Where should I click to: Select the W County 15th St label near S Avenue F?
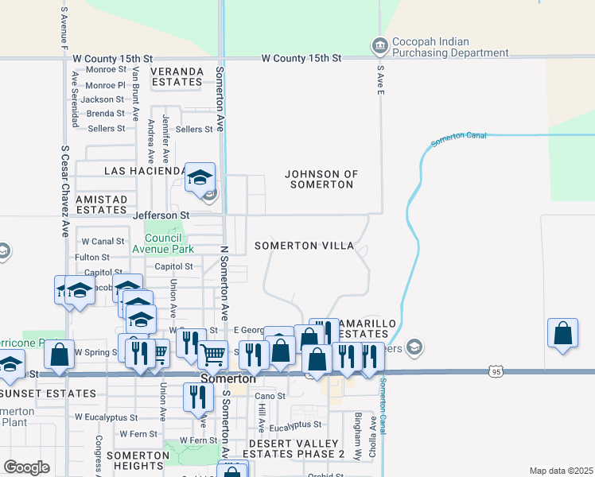tap(111, 59)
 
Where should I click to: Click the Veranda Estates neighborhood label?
tap(177, 76)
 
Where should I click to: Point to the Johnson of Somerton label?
tap(321, 179)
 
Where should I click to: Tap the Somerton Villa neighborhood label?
tap(304, 246)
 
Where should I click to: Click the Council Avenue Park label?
tap(169, 243)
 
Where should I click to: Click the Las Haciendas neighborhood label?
tap(145, 171)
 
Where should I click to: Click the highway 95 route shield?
tap(496, 370)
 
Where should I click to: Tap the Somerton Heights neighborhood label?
tap(138, 461)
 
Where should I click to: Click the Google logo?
tap(26, 467)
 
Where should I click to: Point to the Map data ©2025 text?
tap(561, 471)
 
